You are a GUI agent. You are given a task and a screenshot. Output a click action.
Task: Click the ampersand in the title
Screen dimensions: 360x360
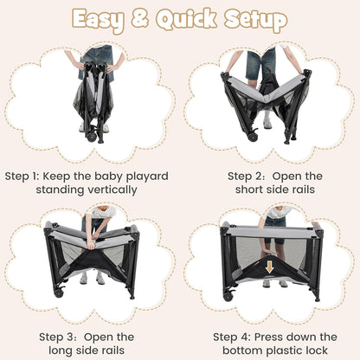(x=140, y=19)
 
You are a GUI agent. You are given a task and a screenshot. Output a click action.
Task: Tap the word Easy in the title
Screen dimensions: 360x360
(x=99, y=21)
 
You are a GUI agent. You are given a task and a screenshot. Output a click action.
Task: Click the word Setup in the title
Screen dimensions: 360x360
(x=256, y=21)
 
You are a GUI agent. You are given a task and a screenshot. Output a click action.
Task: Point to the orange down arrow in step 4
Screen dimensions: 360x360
(x=269, y=267)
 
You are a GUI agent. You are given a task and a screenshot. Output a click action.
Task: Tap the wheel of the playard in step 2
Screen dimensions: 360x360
(x=254, y=137)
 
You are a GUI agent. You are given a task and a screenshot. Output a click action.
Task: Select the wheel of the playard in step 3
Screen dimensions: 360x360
(x=59, y=292)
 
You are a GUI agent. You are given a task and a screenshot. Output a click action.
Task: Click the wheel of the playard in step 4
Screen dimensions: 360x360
(x=228, y=296)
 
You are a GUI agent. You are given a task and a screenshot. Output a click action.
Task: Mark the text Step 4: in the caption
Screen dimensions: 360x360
(x=232, y=337)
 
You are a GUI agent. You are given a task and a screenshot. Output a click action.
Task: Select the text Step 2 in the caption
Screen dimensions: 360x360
(x=245, y=177)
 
